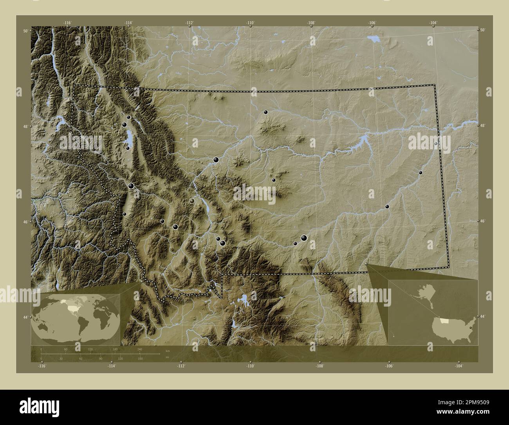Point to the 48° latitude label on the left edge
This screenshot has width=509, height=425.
point(25,127)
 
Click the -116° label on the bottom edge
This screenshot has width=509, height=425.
point(42,366)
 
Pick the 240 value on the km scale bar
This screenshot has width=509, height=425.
point(140,349)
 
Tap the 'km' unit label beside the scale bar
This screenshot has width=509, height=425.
point(168,350)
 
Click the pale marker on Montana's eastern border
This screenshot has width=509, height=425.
point(436,144)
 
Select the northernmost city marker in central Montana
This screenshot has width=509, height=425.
point(265,112)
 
